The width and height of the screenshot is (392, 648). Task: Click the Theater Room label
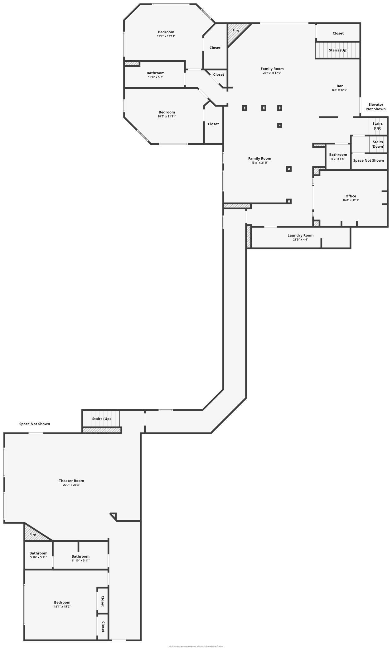coord(71,481)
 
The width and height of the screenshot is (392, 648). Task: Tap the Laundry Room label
coord(300,236)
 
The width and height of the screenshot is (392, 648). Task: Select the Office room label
coord(351,196)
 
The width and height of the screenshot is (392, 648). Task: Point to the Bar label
coord(340,86)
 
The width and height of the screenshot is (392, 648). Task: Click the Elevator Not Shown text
coord(376,107)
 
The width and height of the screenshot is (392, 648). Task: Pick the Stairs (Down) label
coord(378,144)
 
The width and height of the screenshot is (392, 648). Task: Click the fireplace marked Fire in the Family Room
coord(236,31)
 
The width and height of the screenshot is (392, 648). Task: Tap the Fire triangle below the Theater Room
coord(33,535)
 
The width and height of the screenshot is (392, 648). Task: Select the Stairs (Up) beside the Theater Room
coord(101,419)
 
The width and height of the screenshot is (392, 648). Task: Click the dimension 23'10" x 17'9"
coord(272,73)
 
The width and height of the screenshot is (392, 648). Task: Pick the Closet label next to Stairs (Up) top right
coord(338,33)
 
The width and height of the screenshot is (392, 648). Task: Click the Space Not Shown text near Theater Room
coord(35,424)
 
